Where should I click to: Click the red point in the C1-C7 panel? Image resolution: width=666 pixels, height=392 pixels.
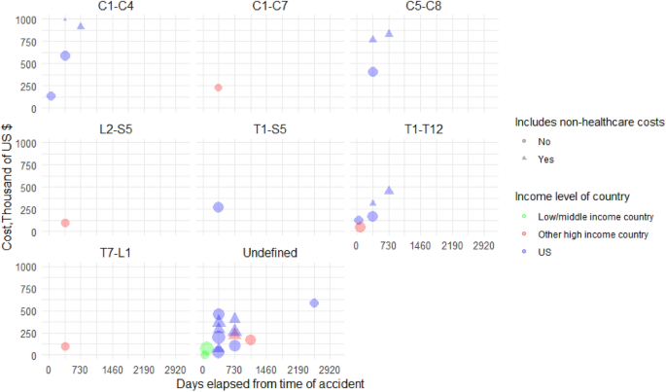point(219,88)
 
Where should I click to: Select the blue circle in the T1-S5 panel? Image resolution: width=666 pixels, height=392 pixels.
point(219,207)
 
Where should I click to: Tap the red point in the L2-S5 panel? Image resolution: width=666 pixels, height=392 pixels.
point(65,223)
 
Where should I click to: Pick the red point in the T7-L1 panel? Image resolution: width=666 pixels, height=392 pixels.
point(65,346)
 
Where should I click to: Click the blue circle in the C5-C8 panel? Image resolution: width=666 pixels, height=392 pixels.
point(373,72)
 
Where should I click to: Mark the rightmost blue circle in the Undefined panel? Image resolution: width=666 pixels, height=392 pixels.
point(314,303)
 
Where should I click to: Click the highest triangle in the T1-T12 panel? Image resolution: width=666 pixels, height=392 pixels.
point(389,191)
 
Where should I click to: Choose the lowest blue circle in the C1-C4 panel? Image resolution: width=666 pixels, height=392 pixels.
point(51,96)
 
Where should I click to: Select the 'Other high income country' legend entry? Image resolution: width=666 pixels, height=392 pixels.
point(594,234)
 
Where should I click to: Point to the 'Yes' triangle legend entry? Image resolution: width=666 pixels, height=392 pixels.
point(546,160)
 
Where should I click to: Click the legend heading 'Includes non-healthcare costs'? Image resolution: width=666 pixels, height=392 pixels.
point(590,123)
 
